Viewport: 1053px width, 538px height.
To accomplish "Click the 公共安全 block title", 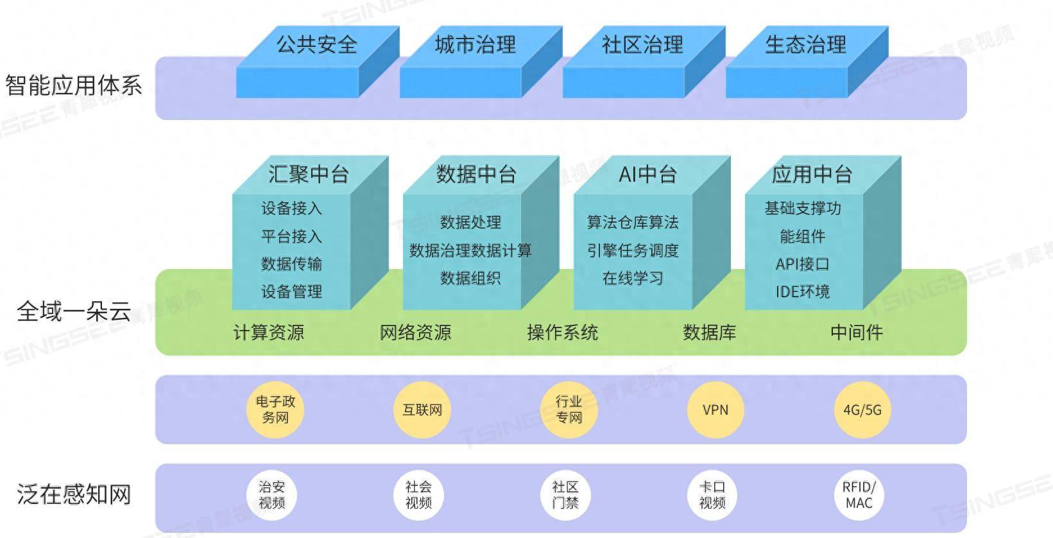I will click(316, 44).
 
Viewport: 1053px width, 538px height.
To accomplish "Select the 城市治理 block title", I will click(475, 44).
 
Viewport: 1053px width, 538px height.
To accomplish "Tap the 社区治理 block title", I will click(642, 44).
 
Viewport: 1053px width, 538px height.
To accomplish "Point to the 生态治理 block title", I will click(805, 44).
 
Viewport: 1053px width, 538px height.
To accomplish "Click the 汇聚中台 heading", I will click(308, 174).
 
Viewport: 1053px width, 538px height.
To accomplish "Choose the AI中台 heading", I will click(647, 174).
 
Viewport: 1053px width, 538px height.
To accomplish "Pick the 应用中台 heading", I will click(812, 174).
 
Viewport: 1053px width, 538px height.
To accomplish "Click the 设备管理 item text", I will click(291, 291).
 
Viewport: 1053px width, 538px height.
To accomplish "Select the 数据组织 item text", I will click(470, 278).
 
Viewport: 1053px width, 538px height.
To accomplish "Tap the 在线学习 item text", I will click(633, 278).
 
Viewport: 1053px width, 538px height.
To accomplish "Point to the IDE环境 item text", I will click(802, 291).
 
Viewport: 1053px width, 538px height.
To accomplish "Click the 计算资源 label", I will click(268, 333).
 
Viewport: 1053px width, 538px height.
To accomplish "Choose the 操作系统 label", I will click(562, 333).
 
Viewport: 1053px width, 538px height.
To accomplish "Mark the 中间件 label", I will click(857, 333).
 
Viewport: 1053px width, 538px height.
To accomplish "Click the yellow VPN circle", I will click(715, 410).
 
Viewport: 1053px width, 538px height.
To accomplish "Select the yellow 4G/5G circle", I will click(862, 410).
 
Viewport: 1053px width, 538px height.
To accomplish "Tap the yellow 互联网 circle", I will click(422, 410).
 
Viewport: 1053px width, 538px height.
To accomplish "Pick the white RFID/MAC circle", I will click(859, 495).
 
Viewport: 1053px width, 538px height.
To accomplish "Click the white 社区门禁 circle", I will click(565, 495).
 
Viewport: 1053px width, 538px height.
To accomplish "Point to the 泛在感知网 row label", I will click(74, 494).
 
